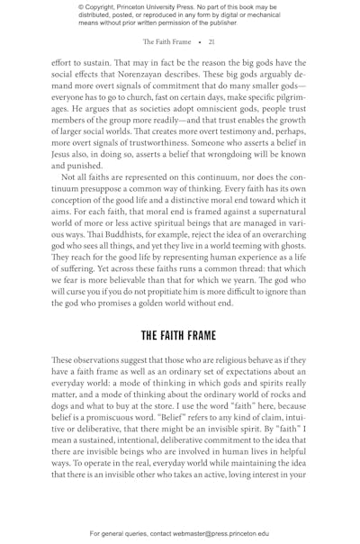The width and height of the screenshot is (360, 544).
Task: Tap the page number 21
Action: pos(211,41)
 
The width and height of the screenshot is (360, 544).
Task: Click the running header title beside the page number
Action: pos(166,41)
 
